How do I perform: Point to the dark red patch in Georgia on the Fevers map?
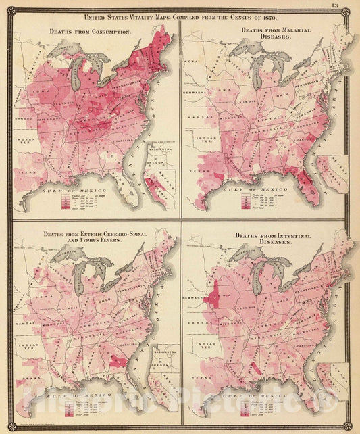[119, 362]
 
